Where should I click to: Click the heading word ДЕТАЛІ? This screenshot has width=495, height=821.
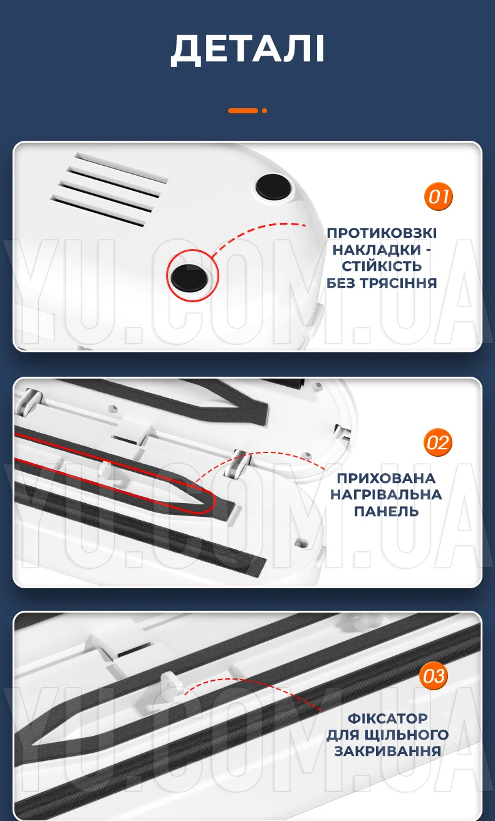coord(247,49)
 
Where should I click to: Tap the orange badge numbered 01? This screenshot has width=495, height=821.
coord(439,196)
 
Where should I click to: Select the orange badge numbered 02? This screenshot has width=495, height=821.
coord(438,442)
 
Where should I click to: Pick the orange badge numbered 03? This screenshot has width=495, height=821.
coord(434,676)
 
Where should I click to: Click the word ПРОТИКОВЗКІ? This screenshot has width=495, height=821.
coord(382,233)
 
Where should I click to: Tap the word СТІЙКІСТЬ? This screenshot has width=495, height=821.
coord(382,267)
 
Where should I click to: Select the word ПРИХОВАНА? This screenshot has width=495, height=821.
coord(386,478)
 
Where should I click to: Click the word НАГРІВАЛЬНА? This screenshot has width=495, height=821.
coord(386,494)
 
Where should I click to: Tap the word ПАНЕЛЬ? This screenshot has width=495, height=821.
coord(386,511)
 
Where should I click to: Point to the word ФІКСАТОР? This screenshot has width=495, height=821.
coord(387,718)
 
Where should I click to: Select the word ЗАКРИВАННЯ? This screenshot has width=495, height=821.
coord(387,751)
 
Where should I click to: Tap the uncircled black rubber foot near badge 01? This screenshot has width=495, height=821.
coord(273,187)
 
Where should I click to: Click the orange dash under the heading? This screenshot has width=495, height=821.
coord(243,110)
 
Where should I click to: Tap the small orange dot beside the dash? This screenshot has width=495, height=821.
coord(264,111)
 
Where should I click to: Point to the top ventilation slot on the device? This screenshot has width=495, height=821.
coord(121,168)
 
